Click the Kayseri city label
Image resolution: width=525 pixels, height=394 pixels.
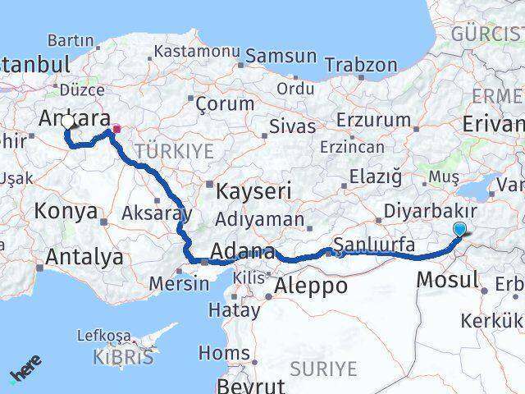(253, 192)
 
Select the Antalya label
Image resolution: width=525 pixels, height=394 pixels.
(84, 258)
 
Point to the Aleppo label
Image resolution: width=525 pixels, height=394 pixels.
(311, 286)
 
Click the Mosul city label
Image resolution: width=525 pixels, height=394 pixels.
(447, 279)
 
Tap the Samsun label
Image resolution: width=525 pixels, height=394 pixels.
(281, 57)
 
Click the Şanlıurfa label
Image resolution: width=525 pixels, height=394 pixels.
(373, 245)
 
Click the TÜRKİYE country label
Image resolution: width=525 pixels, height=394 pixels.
(174, 151)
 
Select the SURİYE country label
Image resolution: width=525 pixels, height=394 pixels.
(325, 369)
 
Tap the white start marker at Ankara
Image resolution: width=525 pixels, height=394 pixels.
(67, 122)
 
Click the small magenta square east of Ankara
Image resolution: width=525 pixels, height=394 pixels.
(116, 128)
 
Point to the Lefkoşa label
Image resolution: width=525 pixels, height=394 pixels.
(104, 336)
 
